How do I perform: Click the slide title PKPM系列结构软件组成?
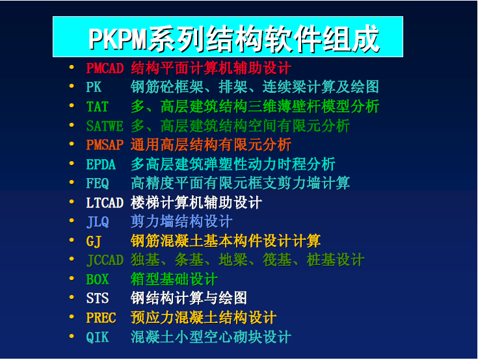click(234, 39)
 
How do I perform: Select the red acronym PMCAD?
click(105, 68)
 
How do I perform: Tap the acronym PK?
click(94, 87)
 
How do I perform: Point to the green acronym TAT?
click(98, 107)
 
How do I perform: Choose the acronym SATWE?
click(105, 126)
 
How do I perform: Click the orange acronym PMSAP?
click(105, 145)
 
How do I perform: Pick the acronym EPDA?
click(101, 164)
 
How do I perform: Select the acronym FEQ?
click(98, 183)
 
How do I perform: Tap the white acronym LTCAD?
click(105, 203)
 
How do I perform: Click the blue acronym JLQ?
click(98, 222)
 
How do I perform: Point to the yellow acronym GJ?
click(94, 241)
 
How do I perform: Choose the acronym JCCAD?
click(105, 260)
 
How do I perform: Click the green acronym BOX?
click(98, 279)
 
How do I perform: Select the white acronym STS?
click(98, 298)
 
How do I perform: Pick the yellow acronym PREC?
click(101, 318)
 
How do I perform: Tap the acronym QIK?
click(98, 337)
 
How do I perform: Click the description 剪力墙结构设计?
click(181, 222)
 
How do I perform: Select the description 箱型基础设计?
click(174, 279)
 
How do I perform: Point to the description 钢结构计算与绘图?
click(189, 298)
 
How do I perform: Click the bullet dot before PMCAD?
click(72, 68)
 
